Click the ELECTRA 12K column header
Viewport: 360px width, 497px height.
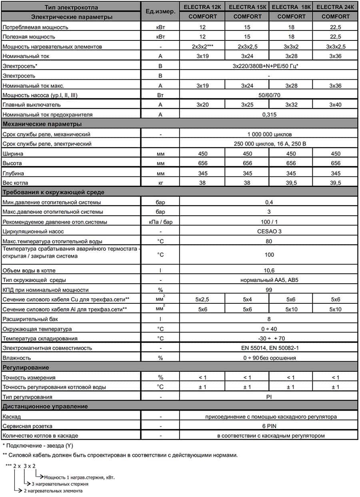tap(202, 7)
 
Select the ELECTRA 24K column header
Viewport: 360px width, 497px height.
tap(335, 7)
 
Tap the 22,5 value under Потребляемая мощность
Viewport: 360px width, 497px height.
tap(336, 27)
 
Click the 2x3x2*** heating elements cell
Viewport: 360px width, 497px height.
tap(202, 47)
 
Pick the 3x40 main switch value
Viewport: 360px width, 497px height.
tap(336, 105)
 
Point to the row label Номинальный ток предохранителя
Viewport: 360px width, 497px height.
tap(48, 115)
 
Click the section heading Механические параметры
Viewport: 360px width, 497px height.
tap(42, 124)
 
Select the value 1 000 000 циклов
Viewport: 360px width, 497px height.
tap(269, 134)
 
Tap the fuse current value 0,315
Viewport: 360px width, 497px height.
tap(269, 115)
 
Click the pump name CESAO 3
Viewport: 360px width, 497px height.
tap(269, 231)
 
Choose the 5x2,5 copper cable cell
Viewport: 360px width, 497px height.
tap(202, 299)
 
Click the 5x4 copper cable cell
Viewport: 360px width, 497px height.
tap(247, 299)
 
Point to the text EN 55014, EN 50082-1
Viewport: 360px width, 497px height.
tap(269, 348)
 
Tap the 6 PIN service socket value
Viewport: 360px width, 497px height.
tap(269, 426)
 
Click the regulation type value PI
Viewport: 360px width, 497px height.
tap(269, 397)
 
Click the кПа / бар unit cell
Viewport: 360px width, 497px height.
tap(160, 222)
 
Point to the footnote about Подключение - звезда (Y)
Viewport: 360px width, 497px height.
tap(38, 445)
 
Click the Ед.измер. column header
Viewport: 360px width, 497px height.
tap(160, 12)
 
